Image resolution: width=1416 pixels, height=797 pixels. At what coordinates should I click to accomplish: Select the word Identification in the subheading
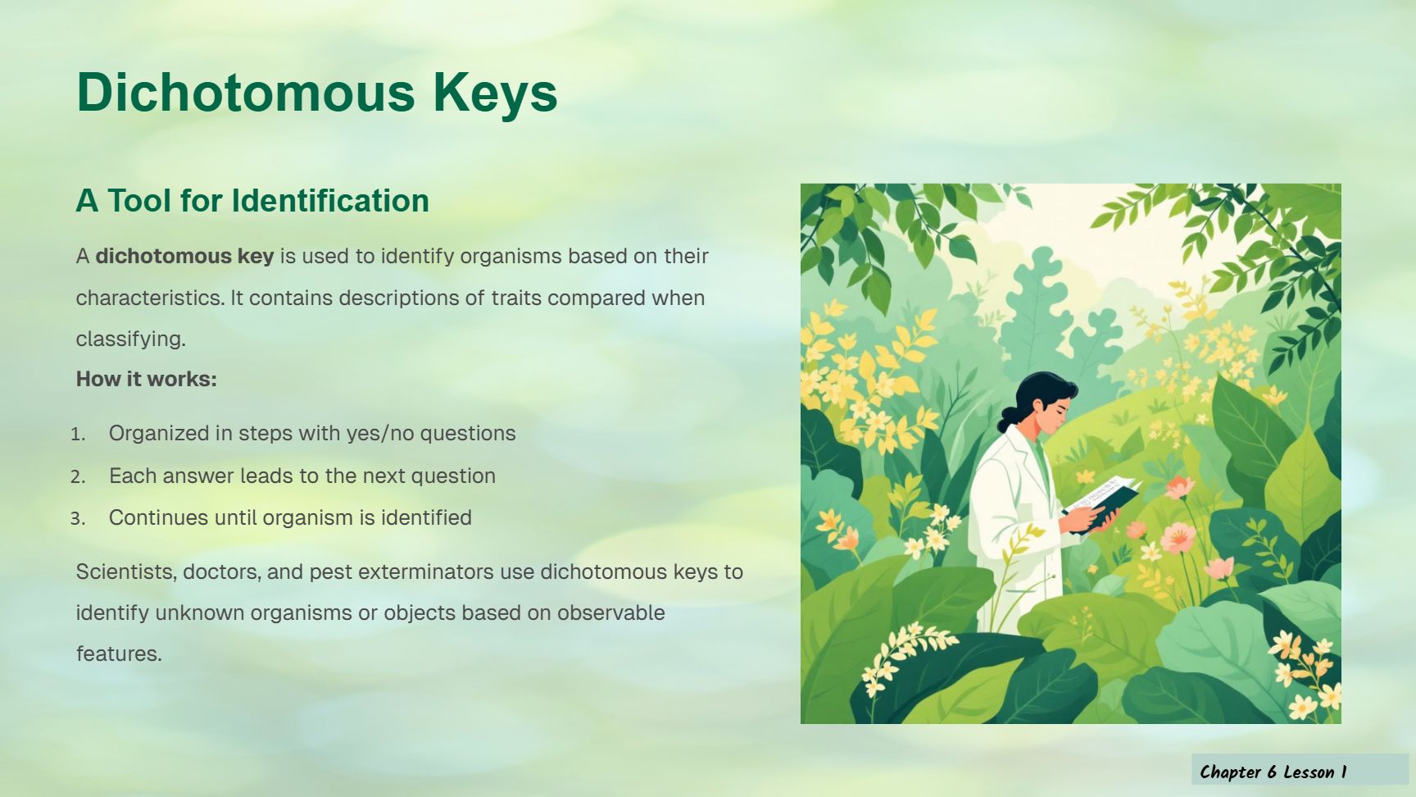[x=330, y=200]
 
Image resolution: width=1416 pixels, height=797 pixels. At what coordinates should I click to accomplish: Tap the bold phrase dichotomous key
[x=184, y=257]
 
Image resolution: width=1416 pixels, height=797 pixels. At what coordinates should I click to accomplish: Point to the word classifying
[x=131, y=339]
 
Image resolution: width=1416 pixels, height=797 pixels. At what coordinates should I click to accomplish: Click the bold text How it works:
[x=147, y=379]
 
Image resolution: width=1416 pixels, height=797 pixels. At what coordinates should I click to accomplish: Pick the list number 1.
[x=78, y=434]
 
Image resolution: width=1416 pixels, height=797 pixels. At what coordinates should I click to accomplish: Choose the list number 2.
[x=78, y=476]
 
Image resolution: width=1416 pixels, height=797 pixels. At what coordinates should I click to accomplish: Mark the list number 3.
[x=78, y=518]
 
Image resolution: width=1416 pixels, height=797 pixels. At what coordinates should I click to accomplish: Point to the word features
[x=119, y=654]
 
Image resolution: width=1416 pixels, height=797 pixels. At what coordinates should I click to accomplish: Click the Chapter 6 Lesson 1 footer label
[x=1273, y=772]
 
